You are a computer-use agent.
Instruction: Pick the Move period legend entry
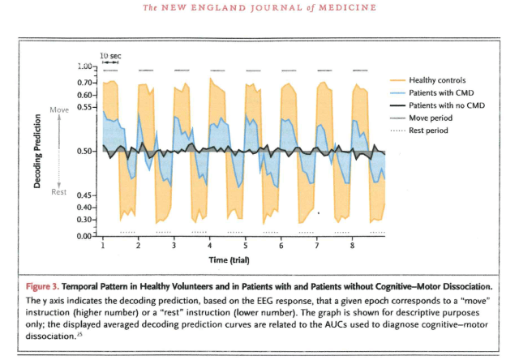[x=430, y=118]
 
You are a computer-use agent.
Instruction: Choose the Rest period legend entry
[x=428, y=130]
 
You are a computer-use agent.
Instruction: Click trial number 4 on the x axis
[x=210, y=244]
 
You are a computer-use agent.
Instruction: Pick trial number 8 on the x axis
[x=352, y=244]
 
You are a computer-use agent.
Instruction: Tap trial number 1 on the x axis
[x=104, y=244]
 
